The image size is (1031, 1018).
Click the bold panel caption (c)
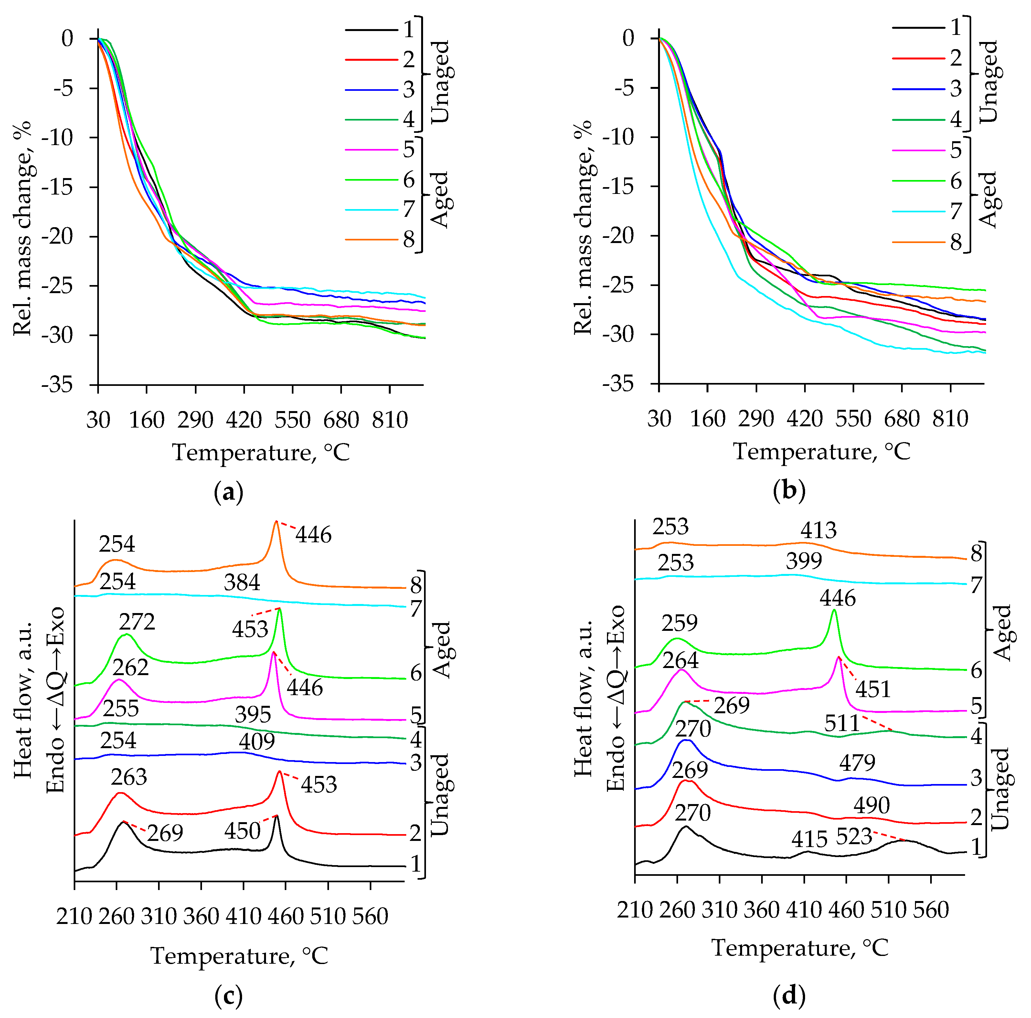pyautogui.click(x=229, y=996)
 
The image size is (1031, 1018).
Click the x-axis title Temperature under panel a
pyautogui.click(x=260, y=453)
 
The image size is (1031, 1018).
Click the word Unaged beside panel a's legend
pyautogui.click(x=441, y=81)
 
